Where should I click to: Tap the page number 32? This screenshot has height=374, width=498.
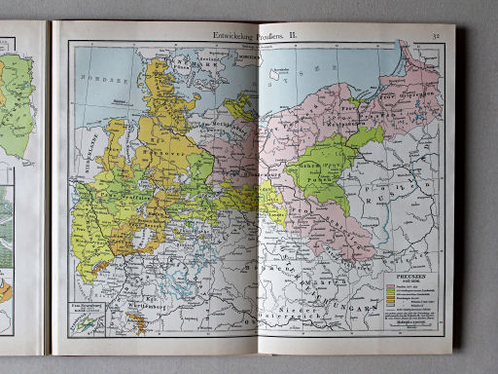pos(438,36)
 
